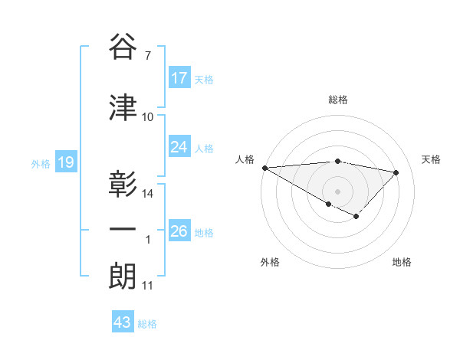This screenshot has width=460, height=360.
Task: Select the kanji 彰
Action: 123,185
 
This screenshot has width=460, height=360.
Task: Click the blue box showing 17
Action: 179,78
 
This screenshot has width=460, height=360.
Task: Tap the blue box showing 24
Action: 179,147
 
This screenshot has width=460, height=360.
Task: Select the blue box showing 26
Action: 179,231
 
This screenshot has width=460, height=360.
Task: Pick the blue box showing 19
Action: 65,162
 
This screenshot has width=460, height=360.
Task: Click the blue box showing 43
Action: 123,322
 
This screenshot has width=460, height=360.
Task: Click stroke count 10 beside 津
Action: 148,117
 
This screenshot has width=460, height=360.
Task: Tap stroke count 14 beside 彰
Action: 148,194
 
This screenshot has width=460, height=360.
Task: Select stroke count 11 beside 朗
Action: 147,286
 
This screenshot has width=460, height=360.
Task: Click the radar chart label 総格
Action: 337,100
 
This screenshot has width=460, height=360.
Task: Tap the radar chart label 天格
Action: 432,159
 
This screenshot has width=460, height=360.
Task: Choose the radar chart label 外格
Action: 270,262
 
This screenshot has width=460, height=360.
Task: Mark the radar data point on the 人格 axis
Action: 264,168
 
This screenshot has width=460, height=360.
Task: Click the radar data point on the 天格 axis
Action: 396,172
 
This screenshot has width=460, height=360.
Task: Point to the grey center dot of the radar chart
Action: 337,191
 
